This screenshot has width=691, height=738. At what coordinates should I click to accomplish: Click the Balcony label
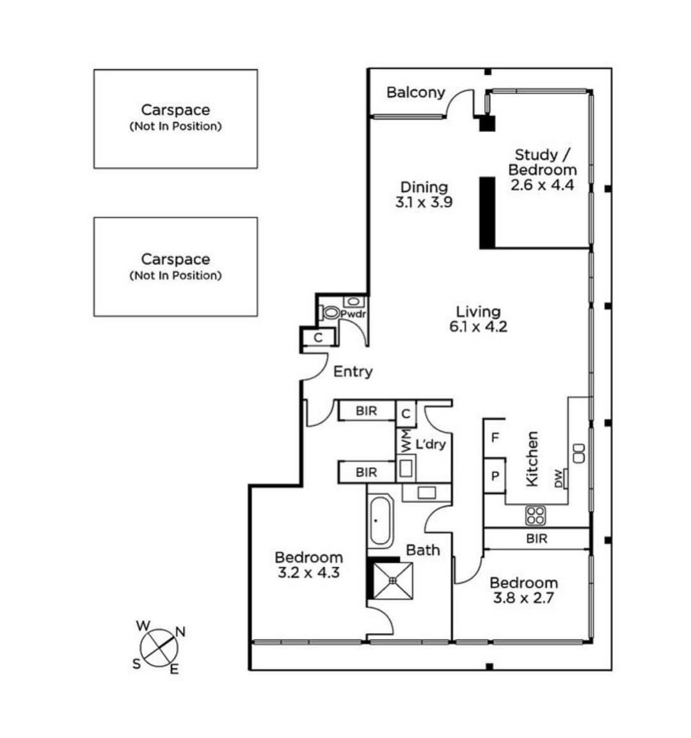click(415, 93)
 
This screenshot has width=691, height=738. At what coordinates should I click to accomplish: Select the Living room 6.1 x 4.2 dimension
click(478, 326)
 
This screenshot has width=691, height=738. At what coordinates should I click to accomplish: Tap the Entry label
click(353, 372)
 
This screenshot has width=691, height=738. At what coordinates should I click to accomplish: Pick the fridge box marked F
click(494, 438)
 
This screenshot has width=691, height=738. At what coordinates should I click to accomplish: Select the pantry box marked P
click(494, 476)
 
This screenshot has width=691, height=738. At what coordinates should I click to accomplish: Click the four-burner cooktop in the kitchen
click(535, 515)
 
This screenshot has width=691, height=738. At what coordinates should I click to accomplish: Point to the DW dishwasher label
click(559, 478)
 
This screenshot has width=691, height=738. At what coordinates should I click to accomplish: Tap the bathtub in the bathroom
click(380, 521)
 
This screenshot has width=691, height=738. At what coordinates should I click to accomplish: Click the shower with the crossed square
click(392, 580)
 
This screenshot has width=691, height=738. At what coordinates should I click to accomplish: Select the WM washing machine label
click(404, 440)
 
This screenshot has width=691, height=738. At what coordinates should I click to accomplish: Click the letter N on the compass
click(180, 632)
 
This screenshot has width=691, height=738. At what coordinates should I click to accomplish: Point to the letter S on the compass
click(136, 664)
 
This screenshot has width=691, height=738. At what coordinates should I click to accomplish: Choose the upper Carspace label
click(175, 110)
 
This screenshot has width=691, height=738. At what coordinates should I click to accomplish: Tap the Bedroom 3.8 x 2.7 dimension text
click(523, 599)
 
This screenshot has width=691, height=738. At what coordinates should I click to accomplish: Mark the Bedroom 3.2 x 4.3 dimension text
click(308, 573)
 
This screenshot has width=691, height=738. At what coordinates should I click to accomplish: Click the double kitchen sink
click(579, 453)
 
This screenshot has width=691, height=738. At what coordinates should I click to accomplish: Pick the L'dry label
click(430, 444)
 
